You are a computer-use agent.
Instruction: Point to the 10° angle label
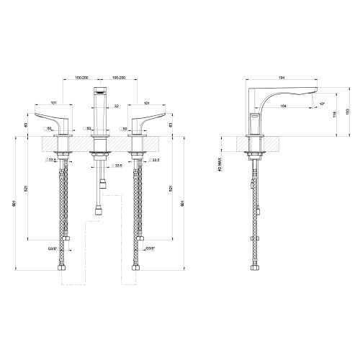click(323, 104)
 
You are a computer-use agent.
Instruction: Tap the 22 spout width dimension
click(117, 107)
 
